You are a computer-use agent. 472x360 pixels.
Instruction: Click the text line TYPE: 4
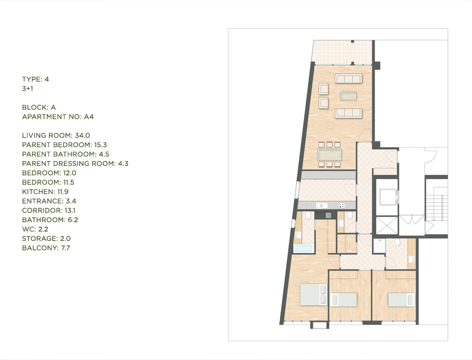click(35, 79)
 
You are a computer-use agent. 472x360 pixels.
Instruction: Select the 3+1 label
click(28, 89)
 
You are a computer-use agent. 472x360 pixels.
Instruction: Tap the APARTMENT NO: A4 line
click(58, 116)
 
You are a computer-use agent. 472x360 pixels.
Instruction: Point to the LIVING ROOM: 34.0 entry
click(56, 135)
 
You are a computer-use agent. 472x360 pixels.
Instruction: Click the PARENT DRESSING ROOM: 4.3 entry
click(75, 163)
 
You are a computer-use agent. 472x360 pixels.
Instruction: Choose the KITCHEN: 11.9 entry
click(45, 191)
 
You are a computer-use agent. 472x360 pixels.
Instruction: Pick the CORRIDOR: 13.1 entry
click(49, 210)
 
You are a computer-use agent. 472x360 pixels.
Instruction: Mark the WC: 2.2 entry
click(35, 229)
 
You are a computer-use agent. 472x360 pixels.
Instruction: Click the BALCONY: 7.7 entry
click(46, 248)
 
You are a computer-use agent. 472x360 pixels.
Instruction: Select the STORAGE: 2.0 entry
click(46, 238)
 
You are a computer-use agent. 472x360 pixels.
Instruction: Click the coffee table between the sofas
click(348, 96)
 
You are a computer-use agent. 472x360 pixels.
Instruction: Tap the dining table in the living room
click(329, 154)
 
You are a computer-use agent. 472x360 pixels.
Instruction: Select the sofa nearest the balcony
click(349, 79)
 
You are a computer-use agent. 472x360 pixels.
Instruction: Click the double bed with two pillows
click(313, 294)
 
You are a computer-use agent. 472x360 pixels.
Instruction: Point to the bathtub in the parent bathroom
click(303, 249)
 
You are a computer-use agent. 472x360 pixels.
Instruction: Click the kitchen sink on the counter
click(322, 206)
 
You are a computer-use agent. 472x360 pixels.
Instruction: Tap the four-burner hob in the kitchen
click(342, 206)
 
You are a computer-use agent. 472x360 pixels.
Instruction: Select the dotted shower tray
click(379, 246)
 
